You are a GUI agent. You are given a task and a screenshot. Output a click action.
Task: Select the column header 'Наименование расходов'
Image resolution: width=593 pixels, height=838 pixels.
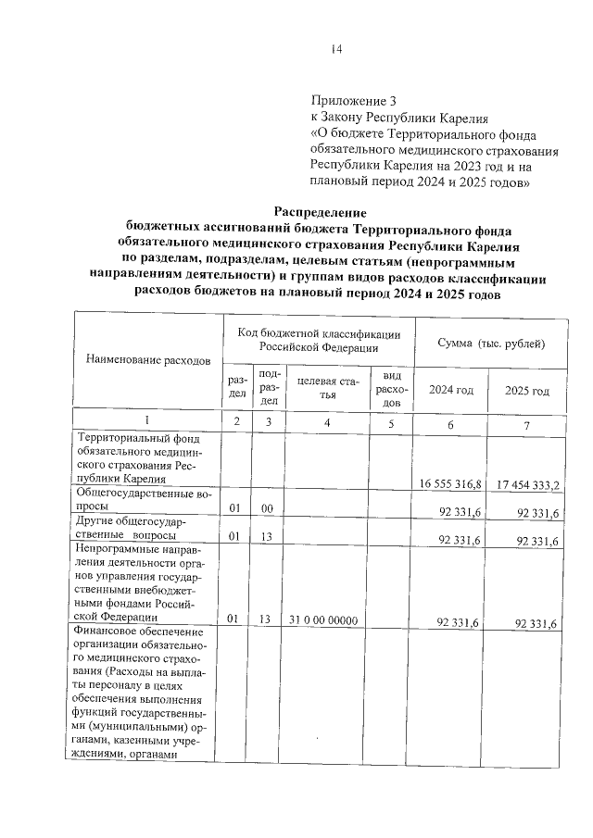(148, 358)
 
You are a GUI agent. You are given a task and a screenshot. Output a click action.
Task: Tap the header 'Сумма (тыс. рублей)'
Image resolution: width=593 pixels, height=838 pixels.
(490, 343)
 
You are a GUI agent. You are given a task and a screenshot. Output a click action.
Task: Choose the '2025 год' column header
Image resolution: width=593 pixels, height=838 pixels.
(526, 391)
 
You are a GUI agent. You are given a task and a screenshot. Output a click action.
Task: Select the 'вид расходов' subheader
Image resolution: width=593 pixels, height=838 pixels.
(391, 389)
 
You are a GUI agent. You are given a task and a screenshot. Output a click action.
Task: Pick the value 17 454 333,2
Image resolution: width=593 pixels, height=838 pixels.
(526, 483)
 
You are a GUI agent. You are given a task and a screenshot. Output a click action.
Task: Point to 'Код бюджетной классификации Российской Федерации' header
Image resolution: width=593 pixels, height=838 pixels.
(318, 340)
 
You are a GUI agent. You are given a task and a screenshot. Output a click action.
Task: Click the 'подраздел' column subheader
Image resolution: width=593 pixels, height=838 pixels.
(269, 388)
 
